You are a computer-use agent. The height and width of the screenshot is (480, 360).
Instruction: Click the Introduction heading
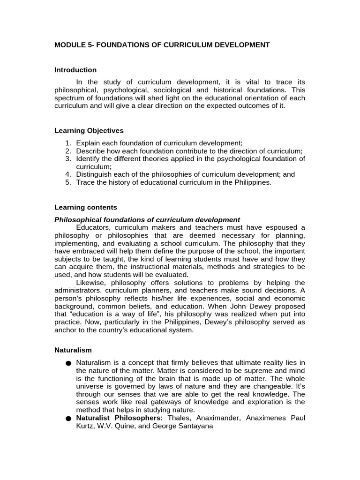(x=75, y=70)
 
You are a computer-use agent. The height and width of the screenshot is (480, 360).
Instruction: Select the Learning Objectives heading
(x=89, y=130)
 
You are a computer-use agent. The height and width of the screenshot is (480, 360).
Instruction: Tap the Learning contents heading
(x=86, y=207)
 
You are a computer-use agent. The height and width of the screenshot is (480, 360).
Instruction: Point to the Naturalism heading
(x=73, y=350)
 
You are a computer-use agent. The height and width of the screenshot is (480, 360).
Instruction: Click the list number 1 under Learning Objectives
(x=68, y=143)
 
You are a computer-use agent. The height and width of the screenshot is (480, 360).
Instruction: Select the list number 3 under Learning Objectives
(x=68, y=158)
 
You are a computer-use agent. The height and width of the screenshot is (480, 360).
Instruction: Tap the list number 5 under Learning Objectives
(x=68, y=182)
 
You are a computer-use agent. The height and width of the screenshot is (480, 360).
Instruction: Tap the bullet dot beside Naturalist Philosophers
(x=68, y=418)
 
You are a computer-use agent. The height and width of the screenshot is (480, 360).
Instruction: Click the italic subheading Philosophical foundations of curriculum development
(x=147, y=219)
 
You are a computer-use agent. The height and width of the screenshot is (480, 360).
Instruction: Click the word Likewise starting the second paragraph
(x=90, y=283)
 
